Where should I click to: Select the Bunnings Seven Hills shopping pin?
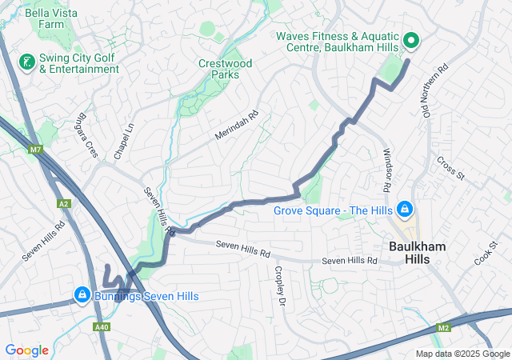click(82, 295)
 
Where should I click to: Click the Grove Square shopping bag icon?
click(405, 210)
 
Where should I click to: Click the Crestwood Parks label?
click(225, 69)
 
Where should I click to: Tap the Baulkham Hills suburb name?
click(417, 254)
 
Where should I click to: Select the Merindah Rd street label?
click(238, 126)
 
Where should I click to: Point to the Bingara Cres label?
click(86, 140)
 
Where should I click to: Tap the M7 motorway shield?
click(35, 150)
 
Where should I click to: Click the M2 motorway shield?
click(445, 327)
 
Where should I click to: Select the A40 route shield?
click(102, 327)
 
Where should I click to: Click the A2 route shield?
click(64, 204)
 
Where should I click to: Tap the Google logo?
click(27, 350)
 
